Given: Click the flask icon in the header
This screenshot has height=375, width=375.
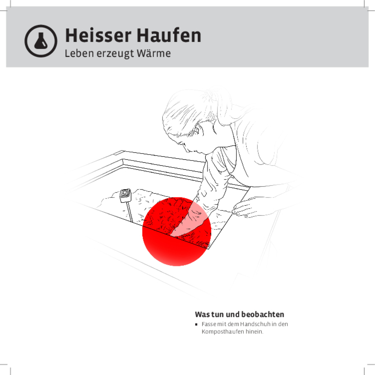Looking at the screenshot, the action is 41,41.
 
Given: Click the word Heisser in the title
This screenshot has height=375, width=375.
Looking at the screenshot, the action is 98,36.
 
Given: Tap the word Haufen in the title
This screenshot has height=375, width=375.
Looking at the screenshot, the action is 169,36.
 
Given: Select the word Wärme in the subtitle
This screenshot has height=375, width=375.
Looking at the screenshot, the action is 154,54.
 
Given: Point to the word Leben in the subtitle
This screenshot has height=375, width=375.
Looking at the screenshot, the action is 79,54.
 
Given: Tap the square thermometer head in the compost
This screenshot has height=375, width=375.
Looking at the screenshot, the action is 126,195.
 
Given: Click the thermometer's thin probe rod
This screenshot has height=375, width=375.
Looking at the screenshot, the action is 130,212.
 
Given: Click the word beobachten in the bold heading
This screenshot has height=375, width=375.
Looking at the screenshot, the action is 263,314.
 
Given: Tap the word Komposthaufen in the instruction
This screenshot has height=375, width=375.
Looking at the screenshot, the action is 223,332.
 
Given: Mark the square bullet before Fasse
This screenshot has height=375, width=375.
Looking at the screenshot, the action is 196,324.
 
